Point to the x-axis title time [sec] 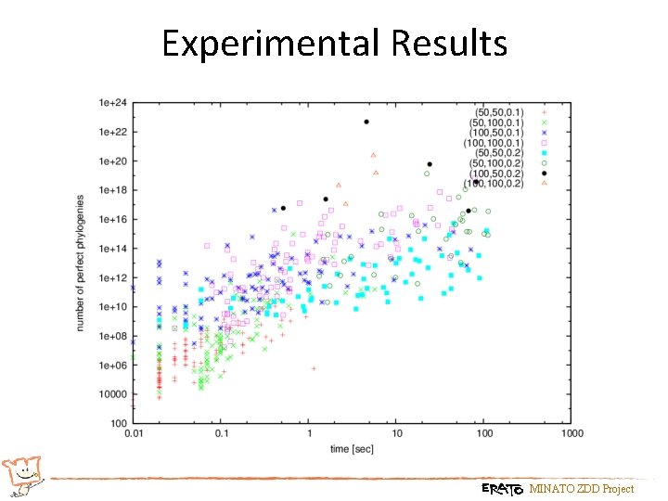352,450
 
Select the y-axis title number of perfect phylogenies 82,263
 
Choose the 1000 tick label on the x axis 572,433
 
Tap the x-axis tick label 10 396,433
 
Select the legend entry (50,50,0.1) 497,112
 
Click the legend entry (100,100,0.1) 495,143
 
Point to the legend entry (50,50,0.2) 497,153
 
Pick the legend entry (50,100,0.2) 495,163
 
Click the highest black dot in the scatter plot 366,122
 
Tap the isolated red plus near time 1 314,368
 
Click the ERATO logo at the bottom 502,488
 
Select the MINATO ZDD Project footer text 582,489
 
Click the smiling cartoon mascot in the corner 22,475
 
